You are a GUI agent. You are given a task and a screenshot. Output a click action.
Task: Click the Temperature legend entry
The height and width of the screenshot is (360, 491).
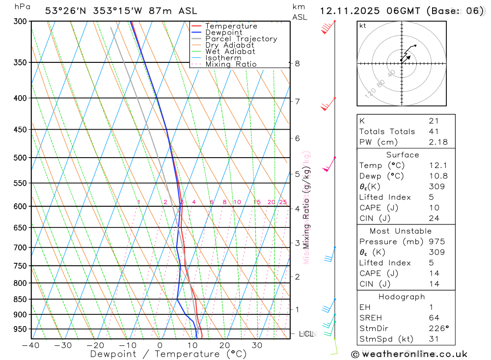231,26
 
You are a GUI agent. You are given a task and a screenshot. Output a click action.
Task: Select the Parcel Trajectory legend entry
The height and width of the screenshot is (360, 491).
241,39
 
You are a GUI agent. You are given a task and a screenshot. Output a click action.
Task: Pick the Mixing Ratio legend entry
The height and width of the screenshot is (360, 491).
231,64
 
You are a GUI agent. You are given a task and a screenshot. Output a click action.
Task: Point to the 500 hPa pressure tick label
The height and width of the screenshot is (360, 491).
20,158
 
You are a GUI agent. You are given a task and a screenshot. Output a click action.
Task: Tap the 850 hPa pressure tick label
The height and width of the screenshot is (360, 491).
20,299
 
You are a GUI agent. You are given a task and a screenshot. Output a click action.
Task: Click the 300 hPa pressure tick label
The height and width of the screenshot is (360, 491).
20,22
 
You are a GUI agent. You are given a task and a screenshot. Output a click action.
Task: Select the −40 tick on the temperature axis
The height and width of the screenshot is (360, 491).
31,345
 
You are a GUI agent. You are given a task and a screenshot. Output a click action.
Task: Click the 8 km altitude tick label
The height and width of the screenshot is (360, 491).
297,63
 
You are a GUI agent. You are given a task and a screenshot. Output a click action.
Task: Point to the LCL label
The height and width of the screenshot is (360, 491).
306,334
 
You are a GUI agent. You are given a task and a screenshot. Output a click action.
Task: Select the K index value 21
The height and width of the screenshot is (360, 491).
434,121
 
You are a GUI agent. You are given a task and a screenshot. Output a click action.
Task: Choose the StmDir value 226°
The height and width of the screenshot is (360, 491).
436,329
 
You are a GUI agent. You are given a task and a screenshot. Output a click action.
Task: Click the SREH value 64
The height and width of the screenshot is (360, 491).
434,318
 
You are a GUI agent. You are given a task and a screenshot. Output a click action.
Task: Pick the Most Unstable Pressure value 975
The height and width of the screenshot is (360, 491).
436,242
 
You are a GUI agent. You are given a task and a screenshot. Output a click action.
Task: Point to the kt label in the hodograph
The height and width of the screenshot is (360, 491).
363,26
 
